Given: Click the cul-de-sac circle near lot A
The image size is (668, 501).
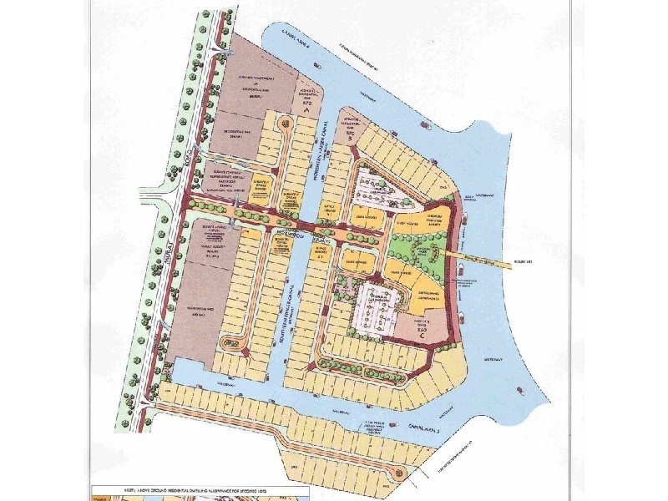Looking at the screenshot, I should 287,123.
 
